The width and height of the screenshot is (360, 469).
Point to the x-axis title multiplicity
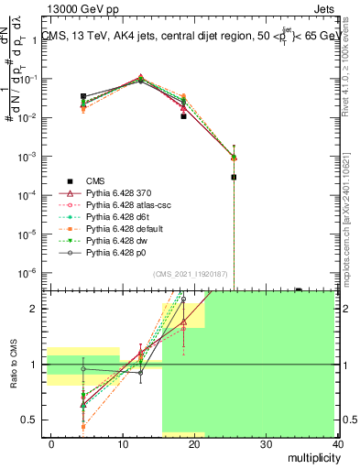(x=311, y=456)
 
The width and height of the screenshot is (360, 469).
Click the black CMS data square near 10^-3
(x=234, y=177)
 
